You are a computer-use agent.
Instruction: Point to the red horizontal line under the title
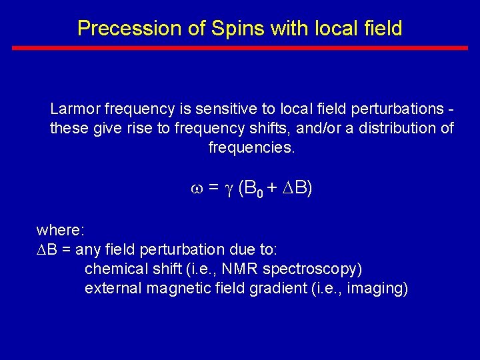pos(240,48)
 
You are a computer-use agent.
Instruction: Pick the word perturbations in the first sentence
pos(383,109)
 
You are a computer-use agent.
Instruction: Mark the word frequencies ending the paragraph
pos(251,147)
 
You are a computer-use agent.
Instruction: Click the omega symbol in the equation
pos(196,189)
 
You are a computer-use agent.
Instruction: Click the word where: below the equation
pos(60,231)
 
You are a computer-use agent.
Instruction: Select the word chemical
pos(113,269)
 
